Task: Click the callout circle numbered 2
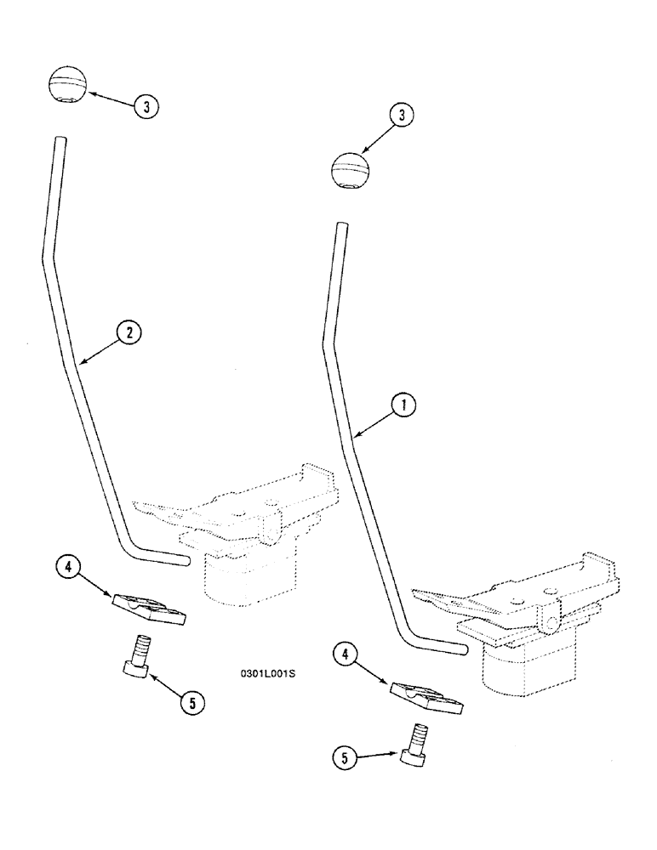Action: pos(129,332)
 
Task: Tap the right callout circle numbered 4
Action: pos(344,654)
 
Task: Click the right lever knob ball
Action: pos(349,170)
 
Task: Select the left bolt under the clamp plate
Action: pos(140,657)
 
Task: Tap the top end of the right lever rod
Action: pos(341,228)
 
